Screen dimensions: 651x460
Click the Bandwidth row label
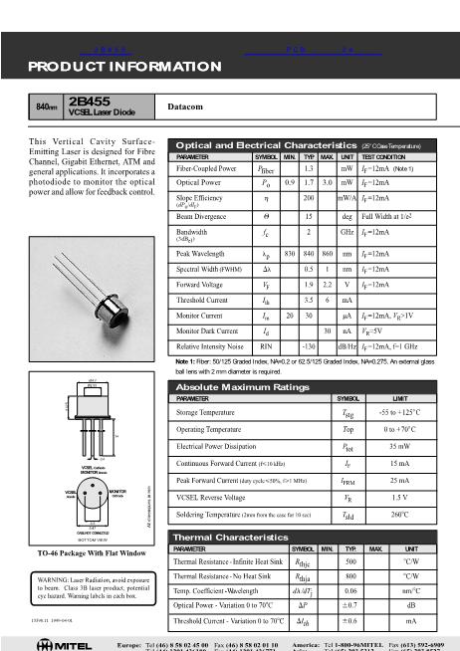pyautogui.click(x=193, y=231)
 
